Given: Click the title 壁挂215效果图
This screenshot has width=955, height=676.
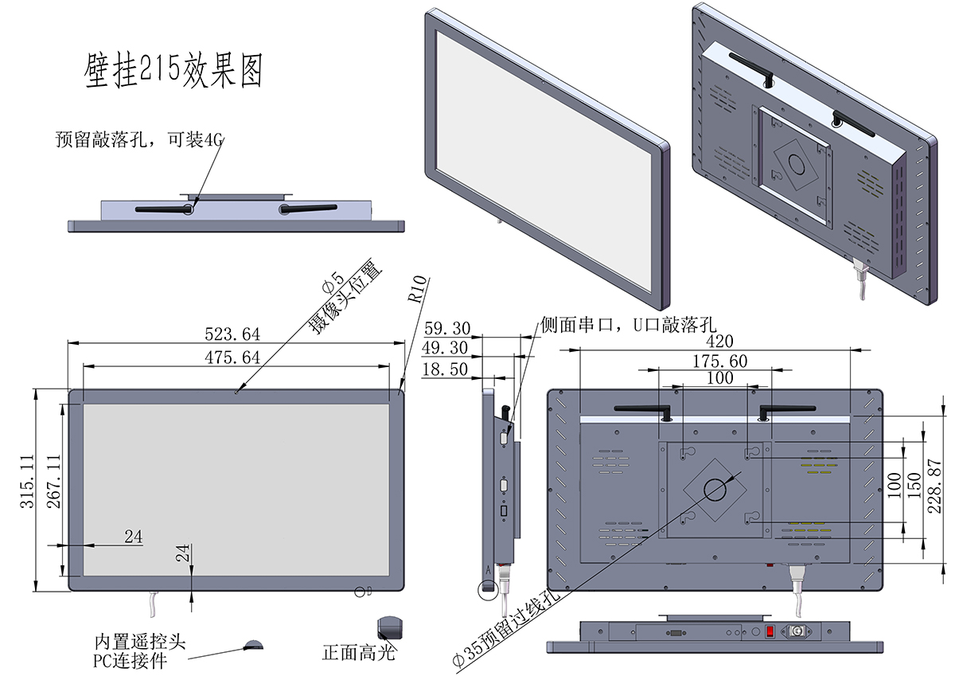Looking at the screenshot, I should click(x=173, y=71).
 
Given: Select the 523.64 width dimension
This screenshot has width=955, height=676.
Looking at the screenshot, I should click(x=232, y=334).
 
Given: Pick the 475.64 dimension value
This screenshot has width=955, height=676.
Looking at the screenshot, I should click(x=232, y=358).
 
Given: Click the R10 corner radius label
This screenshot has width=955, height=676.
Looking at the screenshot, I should click(x=419, y=291).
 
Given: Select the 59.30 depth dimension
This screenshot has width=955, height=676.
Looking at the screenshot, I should click(x=447, y=328).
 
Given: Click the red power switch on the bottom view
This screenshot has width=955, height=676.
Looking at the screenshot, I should click(x=770, y=632).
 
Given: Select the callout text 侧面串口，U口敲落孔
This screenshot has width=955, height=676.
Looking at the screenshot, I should click(x=629, y=324).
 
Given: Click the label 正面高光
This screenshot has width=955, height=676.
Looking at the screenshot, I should click(x=359, y=654).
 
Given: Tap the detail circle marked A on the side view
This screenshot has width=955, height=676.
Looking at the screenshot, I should click(x=487, y=588).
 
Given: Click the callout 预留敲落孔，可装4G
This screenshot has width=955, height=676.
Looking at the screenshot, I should click(x=140, y=139).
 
